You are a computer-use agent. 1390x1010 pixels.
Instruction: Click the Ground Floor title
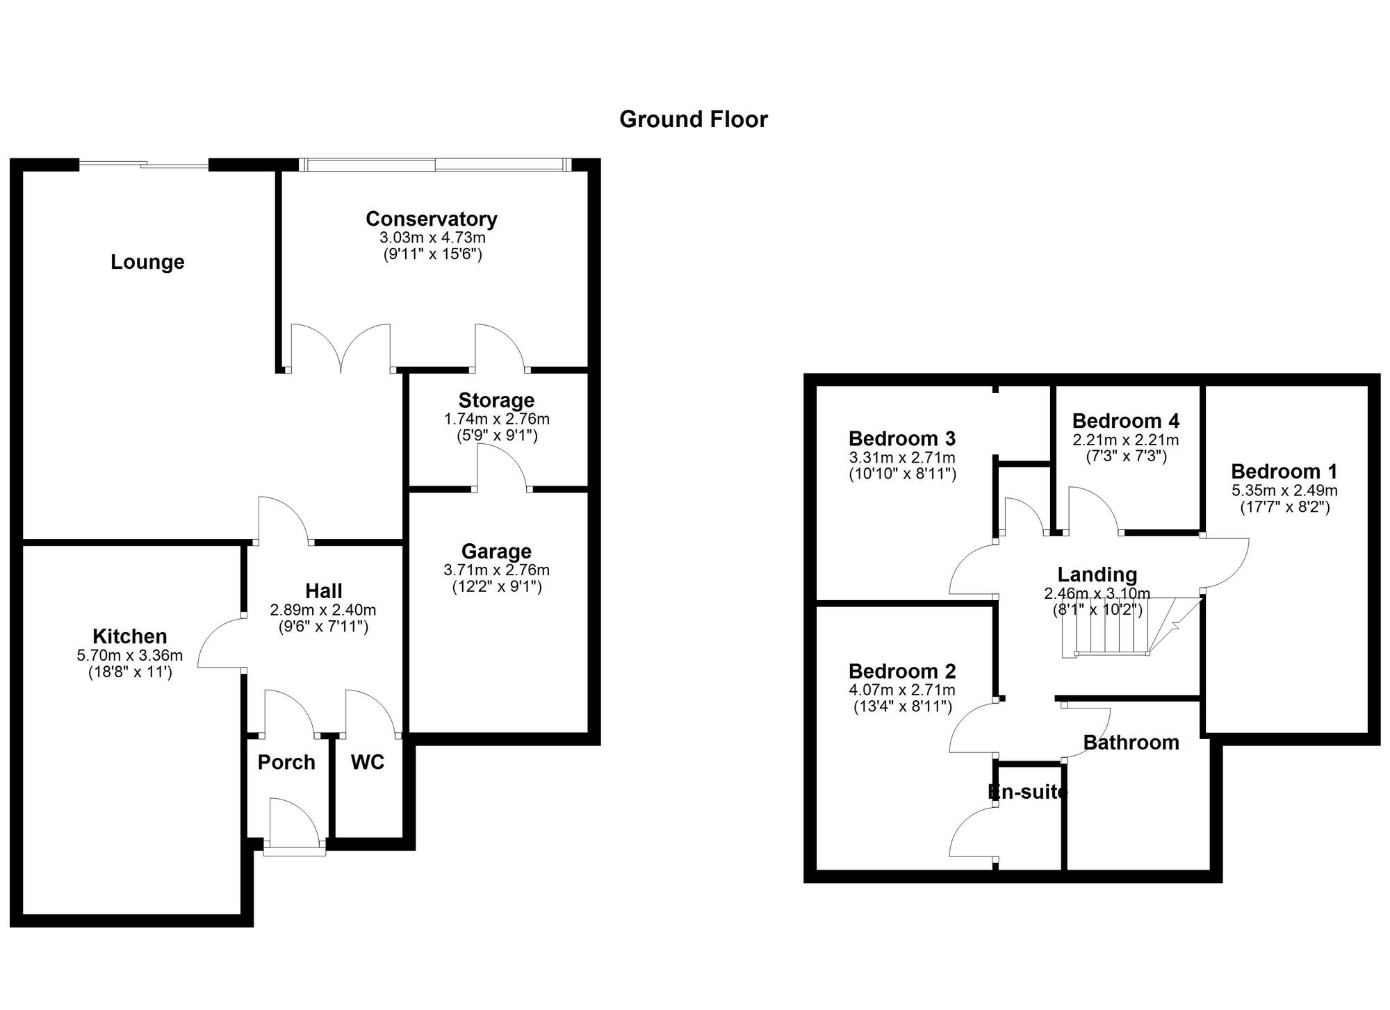pos(693,119)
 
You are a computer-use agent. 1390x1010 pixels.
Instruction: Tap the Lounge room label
pos(147,262)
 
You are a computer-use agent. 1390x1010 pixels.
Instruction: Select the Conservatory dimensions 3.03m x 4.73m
pos(432,238)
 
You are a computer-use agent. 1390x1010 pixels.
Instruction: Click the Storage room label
pos(496,400)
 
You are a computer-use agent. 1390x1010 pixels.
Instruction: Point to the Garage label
pos(496,551)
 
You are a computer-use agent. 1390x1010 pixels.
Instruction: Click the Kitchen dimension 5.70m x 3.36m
pos(130,655)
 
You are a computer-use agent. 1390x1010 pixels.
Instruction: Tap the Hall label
pos(323,590)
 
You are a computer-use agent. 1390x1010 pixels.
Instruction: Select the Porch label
pos(286,762)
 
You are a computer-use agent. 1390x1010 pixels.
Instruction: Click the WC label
pos(367,762)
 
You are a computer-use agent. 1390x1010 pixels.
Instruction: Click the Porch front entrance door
pos(295,827)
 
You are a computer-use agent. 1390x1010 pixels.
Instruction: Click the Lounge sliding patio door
pos(144,165)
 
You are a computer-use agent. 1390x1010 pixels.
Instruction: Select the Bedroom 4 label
pos(1125,421)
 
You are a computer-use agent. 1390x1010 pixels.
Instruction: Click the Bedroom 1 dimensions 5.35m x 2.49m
pos(1284,490)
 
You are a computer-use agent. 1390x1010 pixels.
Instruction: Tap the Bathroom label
pos(1131,743)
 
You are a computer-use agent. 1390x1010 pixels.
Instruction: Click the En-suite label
pos(1027,791)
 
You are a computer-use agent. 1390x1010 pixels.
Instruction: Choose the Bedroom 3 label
pos(901,438)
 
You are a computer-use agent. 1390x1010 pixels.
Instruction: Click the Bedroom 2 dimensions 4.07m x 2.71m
pos(901,690)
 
